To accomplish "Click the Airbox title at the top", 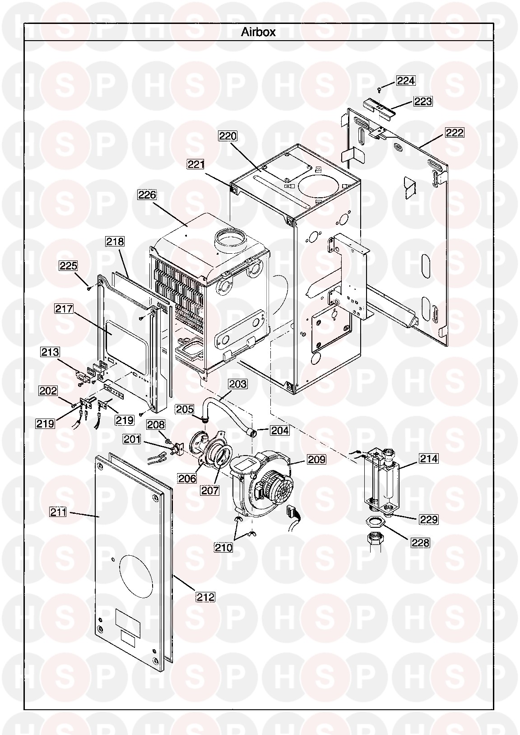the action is pos(259,32).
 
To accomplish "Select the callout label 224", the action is pos(406,80).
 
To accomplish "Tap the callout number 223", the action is pos(423,102).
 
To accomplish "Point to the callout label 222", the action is pos(455,133).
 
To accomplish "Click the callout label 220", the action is pos(228,136).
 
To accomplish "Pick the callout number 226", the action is pos(147,195).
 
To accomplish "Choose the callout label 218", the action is pos(115,242).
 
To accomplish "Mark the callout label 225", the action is pos(68,265).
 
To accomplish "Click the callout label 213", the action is pos(50,352).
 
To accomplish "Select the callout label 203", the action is pos(237,384).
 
